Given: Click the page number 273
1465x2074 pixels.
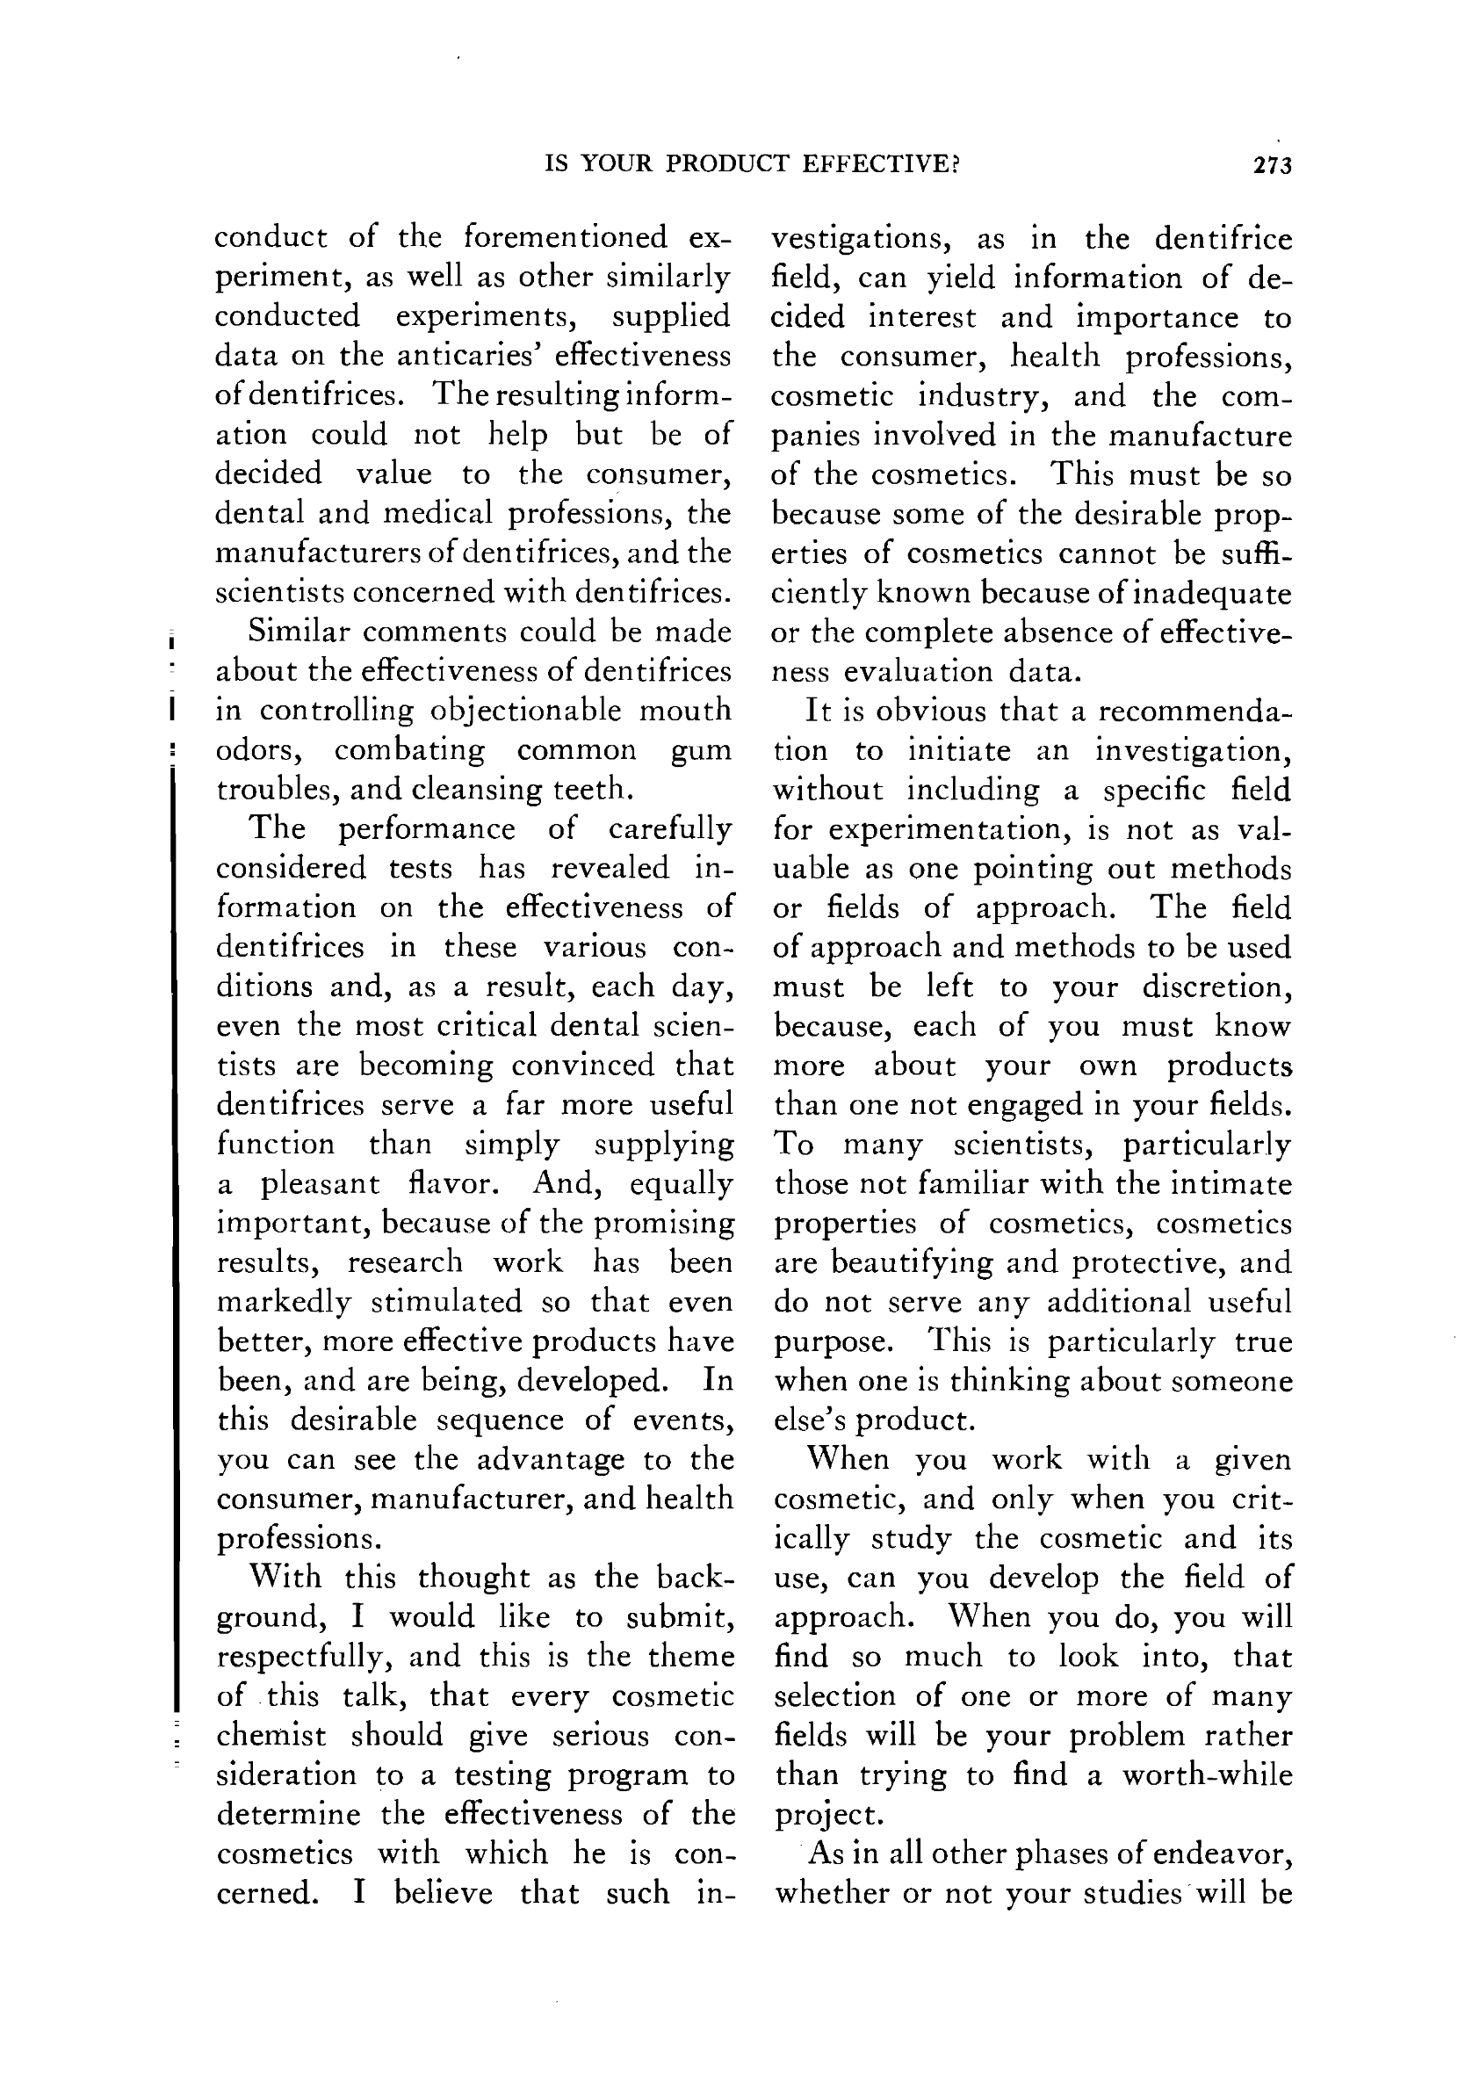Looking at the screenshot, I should pos(1273,165).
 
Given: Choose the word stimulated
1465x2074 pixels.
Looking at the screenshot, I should pos(447,1302).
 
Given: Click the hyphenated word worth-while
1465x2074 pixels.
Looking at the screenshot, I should pos(1207,1775).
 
